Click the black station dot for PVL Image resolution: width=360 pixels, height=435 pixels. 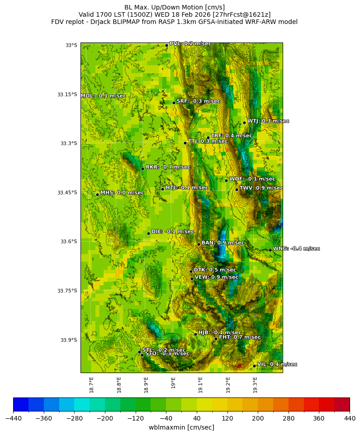pos(166,45)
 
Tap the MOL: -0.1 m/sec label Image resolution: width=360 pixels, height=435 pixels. pos(103,96)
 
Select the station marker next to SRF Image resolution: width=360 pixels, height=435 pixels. pos(174,103)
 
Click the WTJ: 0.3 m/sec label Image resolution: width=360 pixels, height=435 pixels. pos(268,121)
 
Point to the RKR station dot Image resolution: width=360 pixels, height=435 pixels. pos(142,169)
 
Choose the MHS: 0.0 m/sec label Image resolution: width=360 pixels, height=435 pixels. pos(122,193)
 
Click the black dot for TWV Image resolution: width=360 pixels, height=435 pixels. pos(237,189)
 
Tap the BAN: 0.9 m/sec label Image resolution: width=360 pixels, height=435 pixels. pos(223,243)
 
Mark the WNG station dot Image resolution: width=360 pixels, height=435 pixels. pos(270,250)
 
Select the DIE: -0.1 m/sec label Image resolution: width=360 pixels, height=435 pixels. pos(172,232)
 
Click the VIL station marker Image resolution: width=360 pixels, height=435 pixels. pos(254,366)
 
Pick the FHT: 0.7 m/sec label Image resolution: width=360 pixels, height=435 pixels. pos(239,337)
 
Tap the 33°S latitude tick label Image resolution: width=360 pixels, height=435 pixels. pos(71,45)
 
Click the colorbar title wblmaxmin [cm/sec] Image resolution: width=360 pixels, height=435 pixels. pos(181,427)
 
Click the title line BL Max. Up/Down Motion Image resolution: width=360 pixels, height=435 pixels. pos(175,7)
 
